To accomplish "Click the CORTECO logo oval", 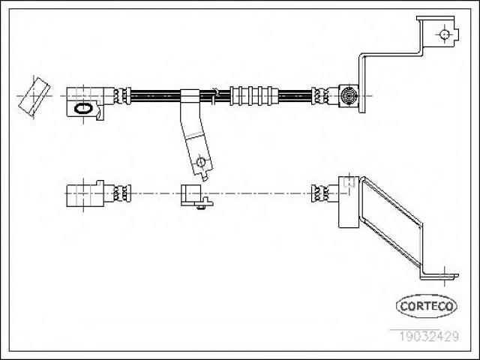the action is pos(427,306).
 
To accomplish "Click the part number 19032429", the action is pos(428,336).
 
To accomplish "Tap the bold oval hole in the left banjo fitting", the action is pos(83,108).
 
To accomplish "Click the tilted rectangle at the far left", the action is pos(34,97).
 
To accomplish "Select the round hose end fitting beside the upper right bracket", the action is pos(349,96).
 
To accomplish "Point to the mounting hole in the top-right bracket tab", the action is pos(445,34).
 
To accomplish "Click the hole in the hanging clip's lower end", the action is pos(201,161).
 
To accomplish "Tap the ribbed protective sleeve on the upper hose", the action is pos(254,96).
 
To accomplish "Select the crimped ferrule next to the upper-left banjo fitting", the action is pos(122,96).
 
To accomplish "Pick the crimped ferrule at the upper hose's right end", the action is pos(320,96).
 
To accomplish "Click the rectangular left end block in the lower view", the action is pos(85,193).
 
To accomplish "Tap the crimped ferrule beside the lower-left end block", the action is pos(122,193).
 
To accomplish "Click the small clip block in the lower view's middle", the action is pos(191,195).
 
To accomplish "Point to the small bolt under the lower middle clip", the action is pos(201,208).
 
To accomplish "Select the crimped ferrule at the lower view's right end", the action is pos(320,193).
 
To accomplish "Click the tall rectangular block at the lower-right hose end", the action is pos(349,202).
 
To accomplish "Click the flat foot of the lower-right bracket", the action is pos(439,277).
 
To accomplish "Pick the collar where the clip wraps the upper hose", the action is pos(190,96).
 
